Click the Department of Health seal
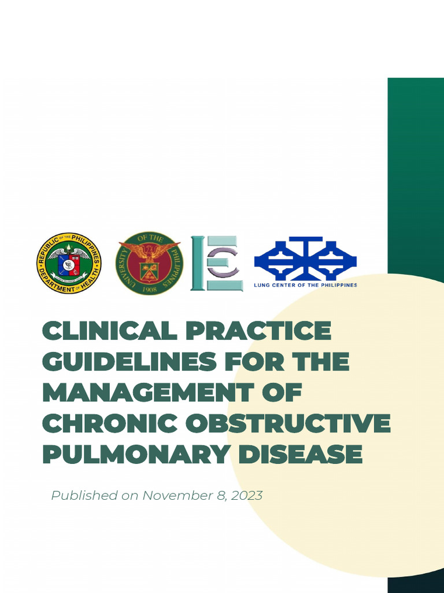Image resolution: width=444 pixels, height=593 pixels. point(69,263)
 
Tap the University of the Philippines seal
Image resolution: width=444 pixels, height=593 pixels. point(149,263)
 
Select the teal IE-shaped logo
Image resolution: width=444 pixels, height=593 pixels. point(217,263)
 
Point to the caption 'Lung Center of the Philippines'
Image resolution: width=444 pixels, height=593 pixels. point(306,285)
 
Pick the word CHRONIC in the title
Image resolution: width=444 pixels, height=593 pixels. point(106,424)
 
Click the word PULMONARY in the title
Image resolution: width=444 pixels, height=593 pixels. point(135,455)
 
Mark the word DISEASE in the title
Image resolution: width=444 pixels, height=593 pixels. point(301,455)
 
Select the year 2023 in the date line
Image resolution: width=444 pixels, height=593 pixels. point(246,496)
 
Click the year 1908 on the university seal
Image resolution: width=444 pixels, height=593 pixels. point(149,287)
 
